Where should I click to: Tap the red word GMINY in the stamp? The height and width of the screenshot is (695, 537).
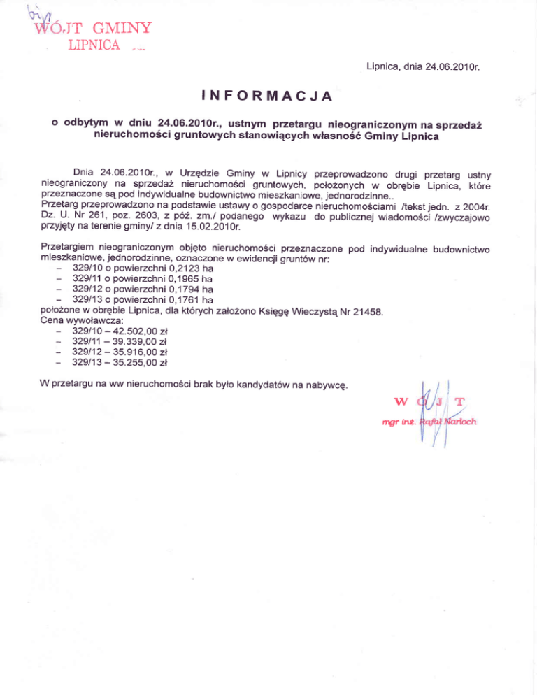click(x=121, y=29)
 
